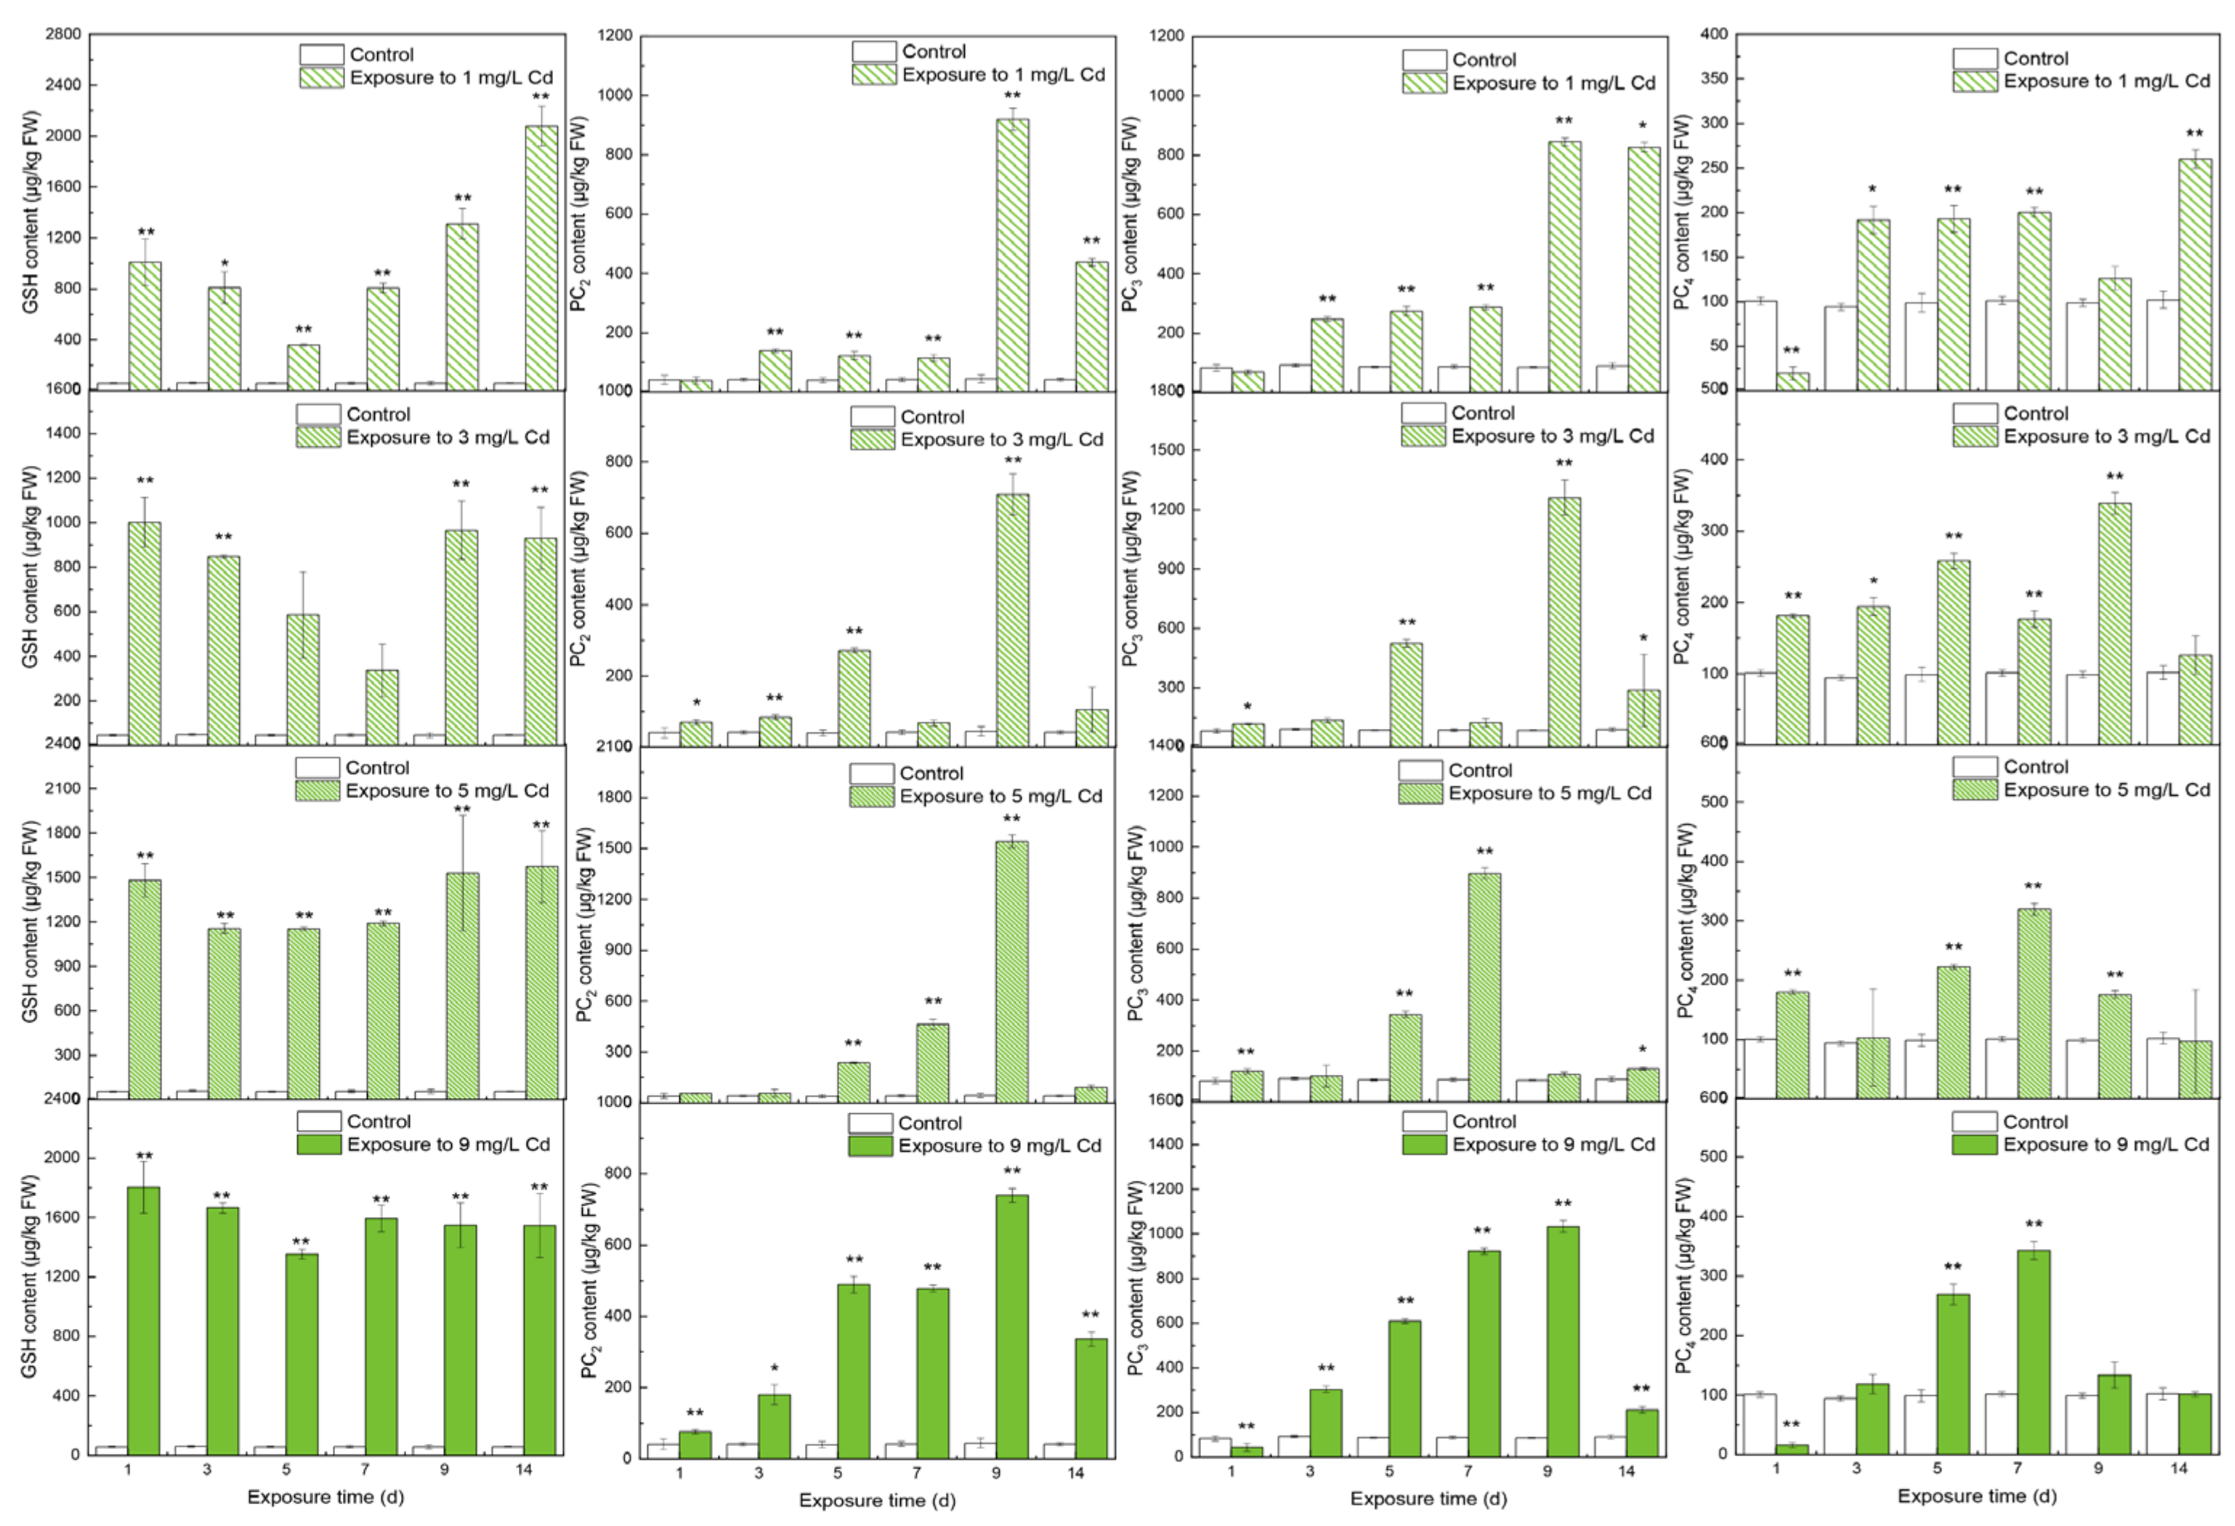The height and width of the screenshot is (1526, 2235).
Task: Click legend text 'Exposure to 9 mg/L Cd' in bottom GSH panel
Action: (448, 1144)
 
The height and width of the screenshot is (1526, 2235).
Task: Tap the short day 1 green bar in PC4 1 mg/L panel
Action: (1792, 381)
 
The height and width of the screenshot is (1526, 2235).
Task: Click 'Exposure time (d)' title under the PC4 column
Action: (1976, 1496)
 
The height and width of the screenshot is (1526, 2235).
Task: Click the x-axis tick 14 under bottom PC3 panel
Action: (1625, 1472)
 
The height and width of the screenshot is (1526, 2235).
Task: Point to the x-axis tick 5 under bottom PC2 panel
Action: (837, 1473)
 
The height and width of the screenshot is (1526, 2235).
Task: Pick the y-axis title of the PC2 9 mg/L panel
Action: (589, 1279)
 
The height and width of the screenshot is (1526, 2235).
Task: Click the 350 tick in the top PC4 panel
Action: (1717, 79)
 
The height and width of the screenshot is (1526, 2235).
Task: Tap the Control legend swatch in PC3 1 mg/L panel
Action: (1423, 60)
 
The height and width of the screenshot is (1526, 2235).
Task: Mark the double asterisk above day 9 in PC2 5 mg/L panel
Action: (1011, 819)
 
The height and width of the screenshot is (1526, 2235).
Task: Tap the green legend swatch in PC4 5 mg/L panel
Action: (1974, 789)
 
